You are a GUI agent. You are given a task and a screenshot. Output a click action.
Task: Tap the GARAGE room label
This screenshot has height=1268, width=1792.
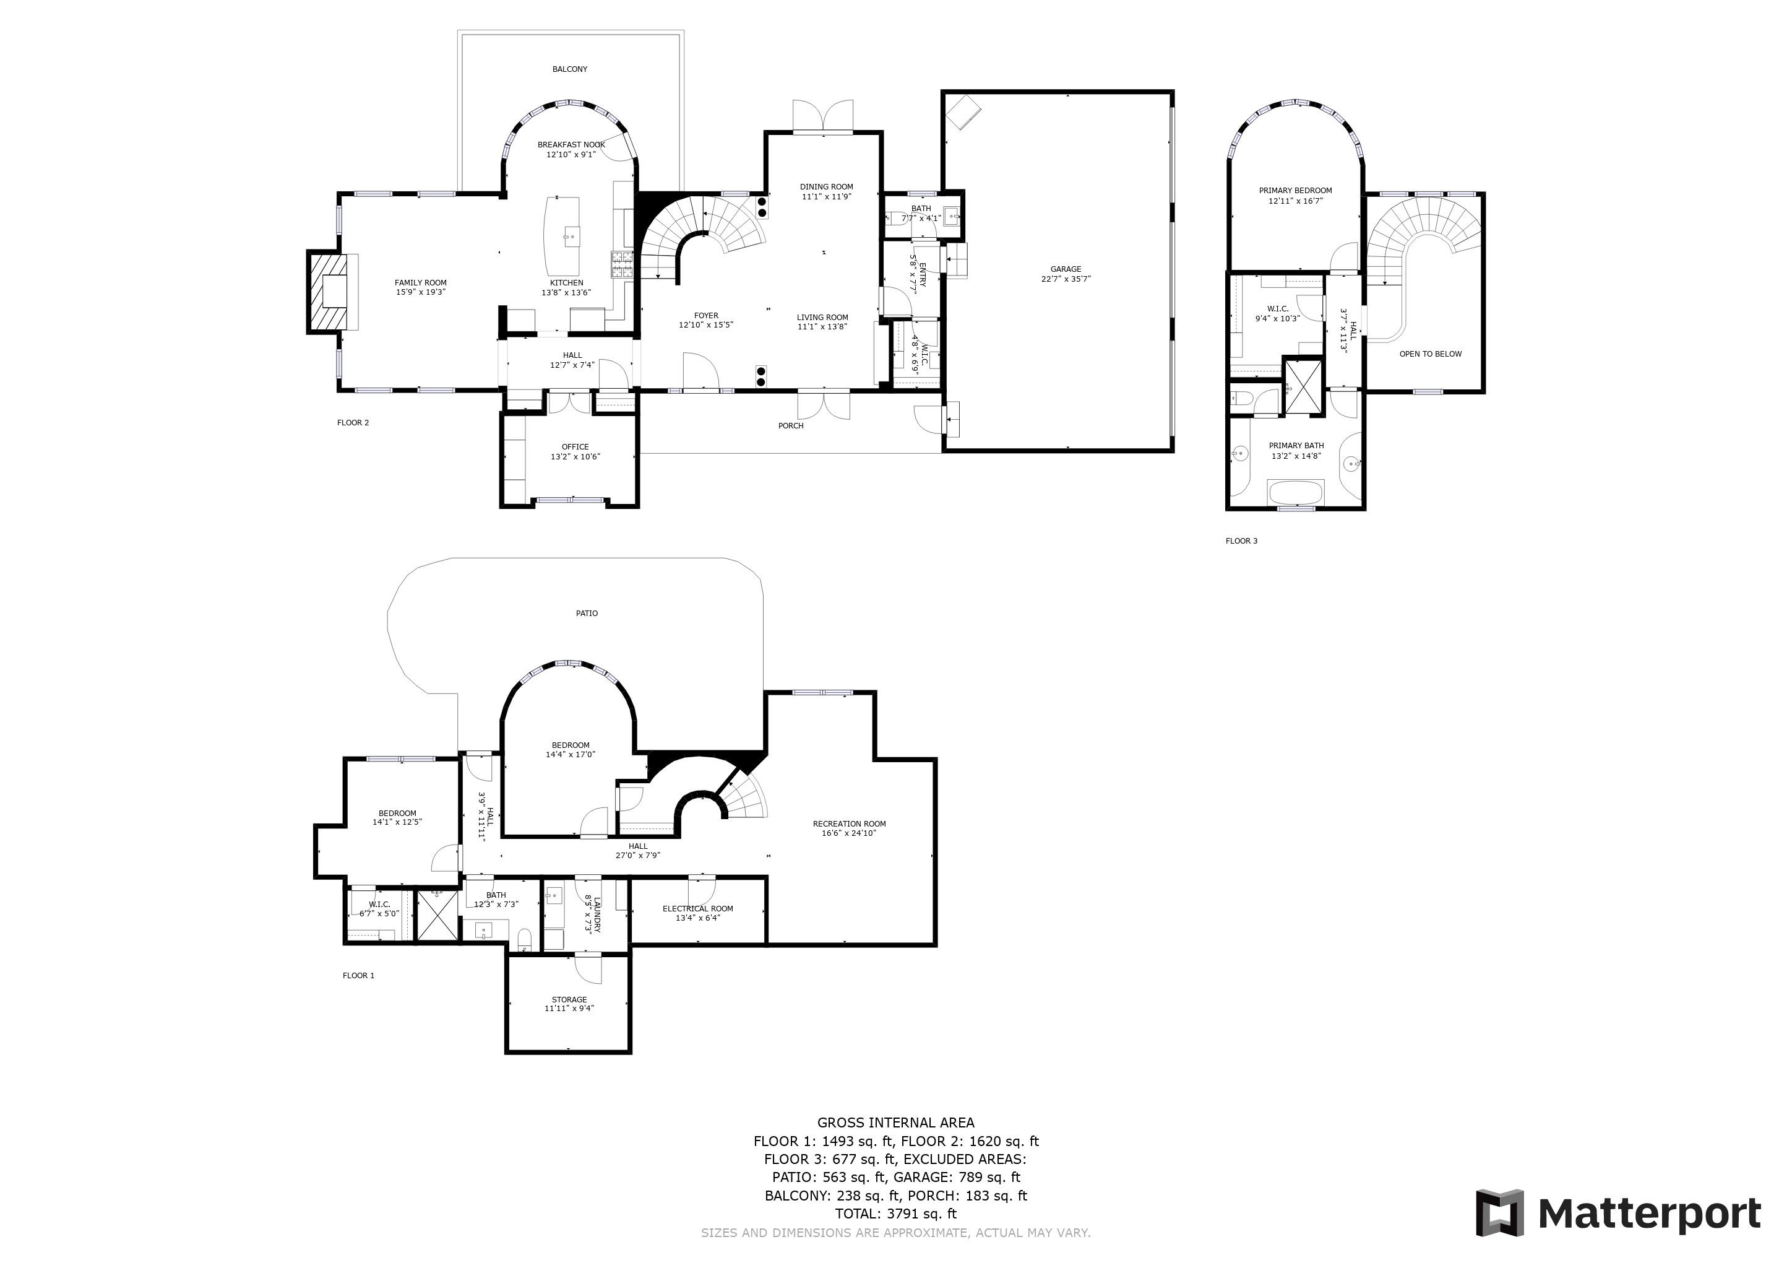(1066, 269)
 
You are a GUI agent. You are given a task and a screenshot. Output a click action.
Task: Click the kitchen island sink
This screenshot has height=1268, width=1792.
(571, 233)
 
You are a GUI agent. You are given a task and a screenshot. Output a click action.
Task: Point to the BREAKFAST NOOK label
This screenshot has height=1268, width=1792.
(571, 144)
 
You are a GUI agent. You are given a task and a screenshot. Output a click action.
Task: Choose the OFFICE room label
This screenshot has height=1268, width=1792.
(575, 448)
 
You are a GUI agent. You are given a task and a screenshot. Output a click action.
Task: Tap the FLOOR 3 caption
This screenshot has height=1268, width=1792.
(1241, 541)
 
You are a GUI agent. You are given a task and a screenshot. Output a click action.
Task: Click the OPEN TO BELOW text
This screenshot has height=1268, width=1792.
(1430, 354)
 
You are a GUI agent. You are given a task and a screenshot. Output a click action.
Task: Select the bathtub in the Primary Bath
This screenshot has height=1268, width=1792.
(1296, 493)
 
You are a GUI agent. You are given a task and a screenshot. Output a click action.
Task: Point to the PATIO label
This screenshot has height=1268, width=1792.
(587, 614)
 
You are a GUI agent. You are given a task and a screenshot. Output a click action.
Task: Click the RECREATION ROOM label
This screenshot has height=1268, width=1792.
(849, 823)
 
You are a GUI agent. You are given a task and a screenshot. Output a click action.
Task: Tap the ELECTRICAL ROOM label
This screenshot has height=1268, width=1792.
(698, 909)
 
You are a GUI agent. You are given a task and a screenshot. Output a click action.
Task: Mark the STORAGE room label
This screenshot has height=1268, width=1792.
(569, 999)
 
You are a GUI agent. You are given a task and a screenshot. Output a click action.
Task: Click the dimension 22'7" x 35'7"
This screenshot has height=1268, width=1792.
(1066, 279)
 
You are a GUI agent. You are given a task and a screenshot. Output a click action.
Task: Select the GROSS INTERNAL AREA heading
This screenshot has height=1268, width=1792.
(895, 1123)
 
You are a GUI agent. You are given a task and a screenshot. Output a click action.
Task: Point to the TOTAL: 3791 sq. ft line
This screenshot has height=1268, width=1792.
(895, 1214)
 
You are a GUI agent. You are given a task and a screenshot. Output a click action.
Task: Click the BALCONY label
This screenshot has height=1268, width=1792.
(570, 69)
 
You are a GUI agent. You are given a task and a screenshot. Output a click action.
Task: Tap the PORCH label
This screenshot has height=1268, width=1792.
(791, 425)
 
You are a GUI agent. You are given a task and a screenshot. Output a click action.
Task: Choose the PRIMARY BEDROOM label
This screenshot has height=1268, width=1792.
(1295, 191)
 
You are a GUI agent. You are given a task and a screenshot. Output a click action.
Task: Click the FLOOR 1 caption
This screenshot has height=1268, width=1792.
(358, 975)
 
